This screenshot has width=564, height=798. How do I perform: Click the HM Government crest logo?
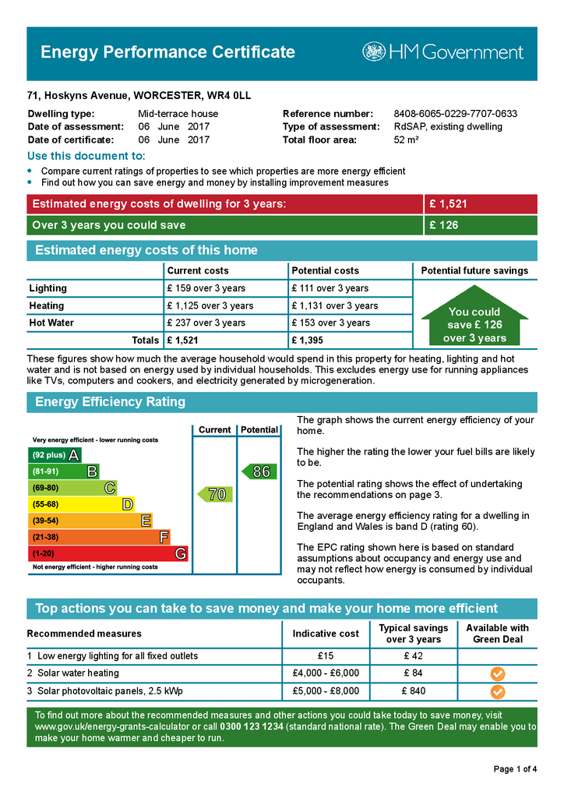click(374, 52)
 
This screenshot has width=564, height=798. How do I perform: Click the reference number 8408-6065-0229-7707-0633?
click(455, 114)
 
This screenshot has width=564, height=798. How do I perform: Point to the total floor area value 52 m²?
click(407, 140)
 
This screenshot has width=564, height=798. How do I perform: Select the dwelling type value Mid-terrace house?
click(178, 114)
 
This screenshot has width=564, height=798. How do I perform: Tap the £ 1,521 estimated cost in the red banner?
click(448, 204)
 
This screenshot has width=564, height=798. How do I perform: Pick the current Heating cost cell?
click(210, 305)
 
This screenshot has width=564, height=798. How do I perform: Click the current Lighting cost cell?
click(206, 288)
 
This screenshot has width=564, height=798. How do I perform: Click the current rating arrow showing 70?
click(215, 494)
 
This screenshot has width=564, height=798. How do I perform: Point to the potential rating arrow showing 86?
click(259, 471)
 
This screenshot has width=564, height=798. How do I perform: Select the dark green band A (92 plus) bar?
click(55, 455)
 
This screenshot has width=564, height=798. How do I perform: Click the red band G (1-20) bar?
click(108, 554)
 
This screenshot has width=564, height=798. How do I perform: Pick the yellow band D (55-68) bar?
click(82, 504)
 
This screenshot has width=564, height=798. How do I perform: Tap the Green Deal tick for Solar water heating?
click(497, 673)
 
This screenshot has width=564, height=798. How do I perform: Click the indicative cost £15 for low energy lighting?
click(326, 656)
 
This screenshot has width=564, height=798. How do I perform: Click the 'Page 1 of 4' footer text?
click(515, 770)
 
